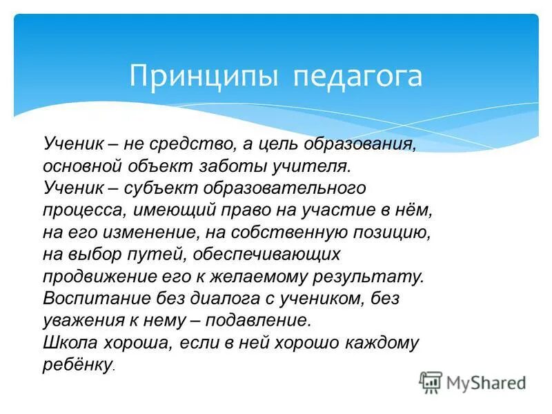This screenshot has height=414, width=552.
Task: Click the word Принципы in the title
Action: (x=204, y=76)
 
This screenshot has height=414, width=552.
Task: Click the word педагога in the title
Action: (x=357, y=76)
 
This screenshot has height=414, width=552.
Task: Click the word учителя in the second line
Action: (x=317, y=166)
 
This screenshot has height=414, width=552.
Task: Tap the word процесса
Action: (x=77, y=210)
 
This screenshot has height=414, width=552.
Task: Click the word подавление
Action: (x=261, y=320)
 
